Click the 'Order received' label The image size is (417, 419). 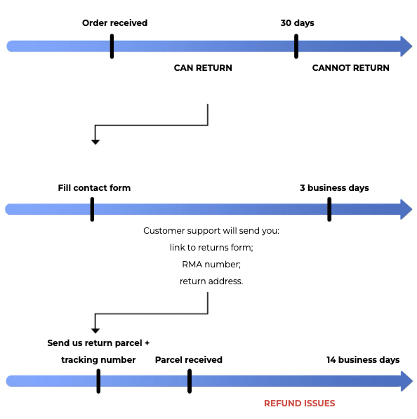point(114,23)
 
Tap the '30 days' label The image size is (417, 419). point(297,23)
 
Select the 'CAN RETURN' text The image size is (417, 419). point(203,68)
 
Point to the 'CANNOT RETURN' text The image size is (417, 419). point(351,68)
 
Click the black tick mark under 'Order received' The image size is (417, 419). point(112,46)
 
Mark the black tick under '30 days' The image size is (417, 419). point(296,46)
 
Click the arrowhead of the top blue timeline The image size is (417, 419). point(406,46)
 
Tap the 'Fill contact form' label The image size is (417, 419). point(94,188)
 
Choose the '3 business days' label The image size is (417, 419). point(334,188)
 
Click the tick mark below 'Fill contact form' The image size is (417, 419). point(92,209)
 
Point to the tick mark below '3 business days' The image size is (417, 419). point(329,209)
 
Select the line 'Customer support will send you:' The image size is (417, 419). point(211,231)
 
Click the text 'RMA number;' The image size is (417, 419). point(211,265)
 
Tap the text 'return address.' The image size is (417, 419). point(211,281)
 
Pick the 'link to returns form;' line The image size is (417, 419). point(211,248)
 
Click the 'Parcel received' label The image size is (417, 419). point(189,360)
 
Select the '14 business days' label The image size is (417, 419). point(363,360)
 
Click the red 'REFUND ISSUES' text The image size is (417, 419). point(299,404)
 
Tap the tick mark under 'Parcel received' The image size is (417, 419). point(190,381)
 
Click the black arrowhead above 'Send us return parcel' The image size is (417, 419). point(95,331)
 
